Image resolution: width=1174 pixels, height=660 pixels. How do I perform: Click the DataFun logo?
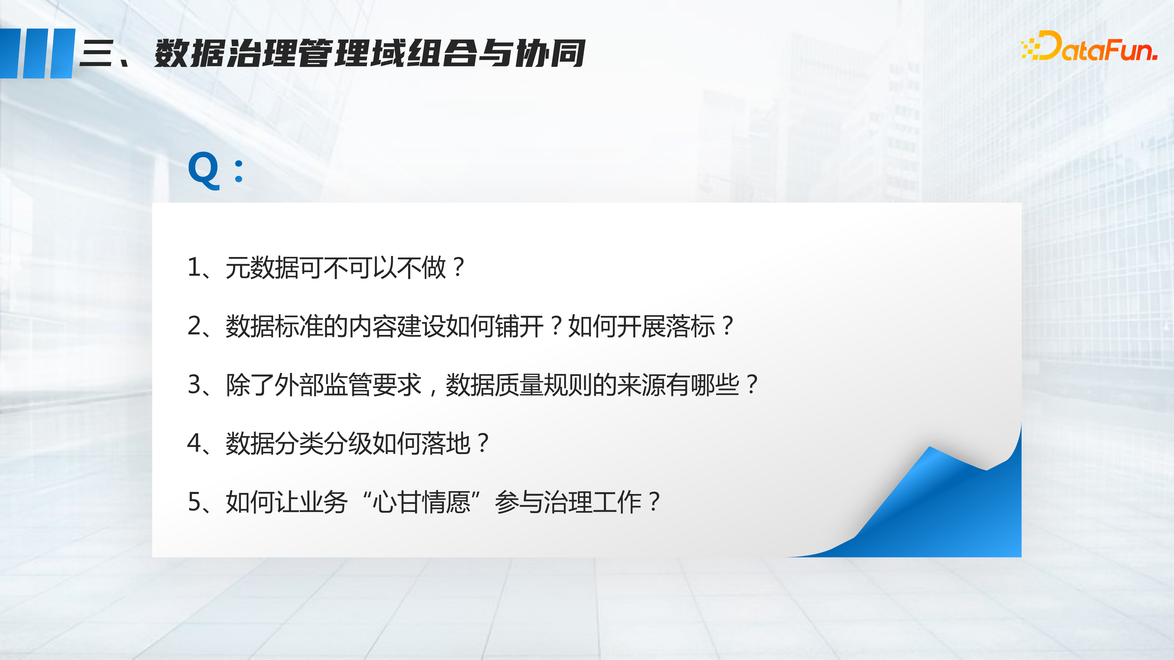[1089, 46]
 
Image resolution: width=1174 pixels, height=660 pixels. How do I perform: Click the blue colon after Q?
[238, 171]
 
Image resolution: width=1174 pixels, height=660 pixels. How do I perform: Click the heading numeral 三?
[97, 53]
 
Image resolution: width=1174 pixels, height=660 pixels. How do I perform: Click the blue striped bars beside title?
[37, 53]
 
